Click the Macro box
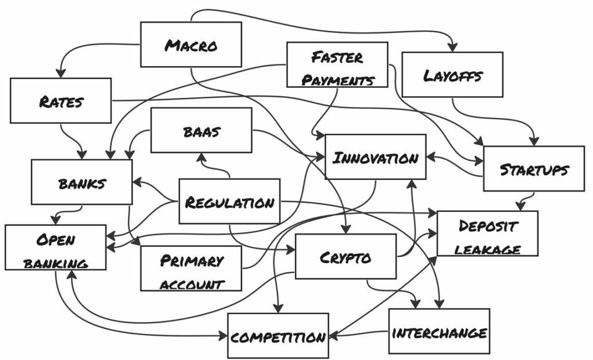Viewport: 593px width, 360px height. tap(191, 45)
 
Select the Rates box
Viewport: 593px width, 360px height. tap(60, 101)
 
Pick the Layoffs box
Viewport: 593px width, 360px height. tap(452, 74)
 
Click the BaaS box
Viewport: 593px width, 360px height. tap(201, 130)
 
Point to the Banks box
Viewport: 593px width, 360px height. tap(82, 182)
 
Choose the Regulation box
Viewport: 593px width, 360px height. tap(229, 201)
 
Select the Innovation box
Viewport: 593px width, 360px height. tap(376, 157)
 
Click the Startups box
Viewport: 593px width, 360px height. tap(533, 168)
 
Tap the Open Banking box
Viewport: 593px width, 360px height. tap(56, 248)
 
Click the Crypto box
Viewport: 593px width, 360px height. tap(346, 256)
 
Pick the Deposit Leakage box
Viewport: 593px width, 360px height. tap(487, 234)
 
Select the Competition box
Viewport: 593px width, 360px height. tap(278, 336)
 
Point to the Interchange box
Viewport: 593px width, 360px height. tap(439, 332)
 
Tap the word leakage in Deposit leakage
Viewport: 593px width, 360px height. tap(488, 248)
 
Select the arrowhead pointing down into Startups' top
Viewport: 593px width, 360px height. tap(533, 141)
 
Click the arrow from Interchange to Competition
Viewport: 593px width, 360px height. tap(359, 333)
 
